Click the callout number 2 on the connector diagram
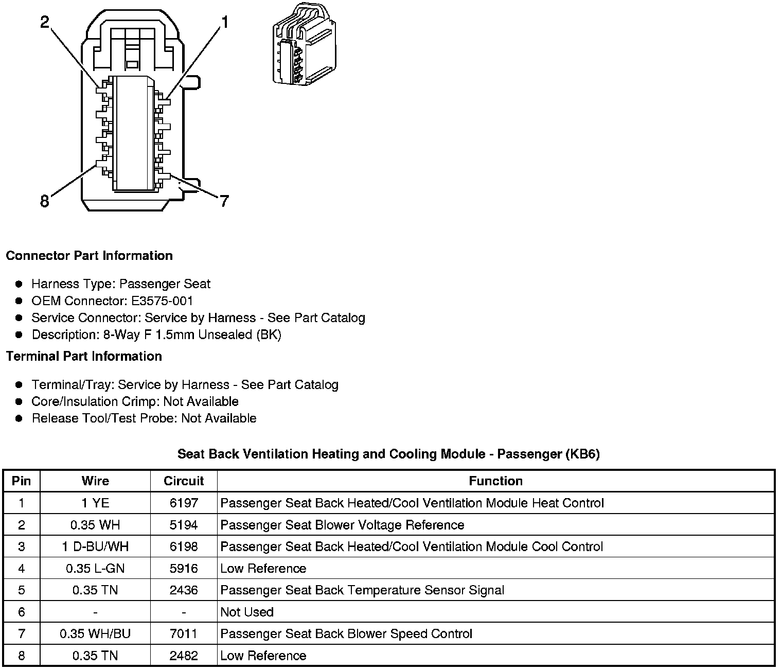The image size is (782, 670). pos(45,22)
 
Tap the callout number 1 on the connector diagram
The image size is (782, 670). pos(224,22)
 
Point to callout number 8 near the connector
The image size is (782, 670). pos(45,201)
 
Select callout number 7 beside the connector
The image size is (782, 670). pos(224,201)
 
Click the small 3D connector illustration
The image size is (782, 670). pos(303,44)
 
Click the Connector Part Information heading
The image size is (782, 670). pos(90,256)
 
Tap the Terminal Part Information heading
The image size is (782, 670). pos(84,356)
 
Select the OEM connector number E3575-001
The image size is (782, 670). pos(162,301)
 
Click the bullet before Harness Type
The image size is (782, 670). pos(19,284)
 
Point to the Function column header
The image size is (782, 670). pos(495,481)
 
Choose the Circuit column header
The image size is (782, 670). pos(184,481)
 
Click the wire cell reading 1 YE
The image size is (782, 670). pos(95,503)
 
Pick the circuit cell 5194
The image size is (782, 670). pos(184,525)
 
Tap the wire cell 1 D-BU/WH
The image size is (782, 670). pos(95,546)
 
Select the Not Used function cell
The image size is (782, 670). pos(247,612)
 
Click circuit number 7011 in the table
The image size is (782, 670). pos(184,633)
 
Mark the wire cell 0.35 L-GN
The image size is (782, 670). pos(95,568)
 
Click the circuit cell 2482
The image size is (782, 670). pos(184,656)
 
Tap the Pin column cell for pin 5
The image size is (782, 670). pos(21,590)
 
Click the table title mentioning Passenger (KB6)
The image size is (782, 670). pos(388,454)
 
